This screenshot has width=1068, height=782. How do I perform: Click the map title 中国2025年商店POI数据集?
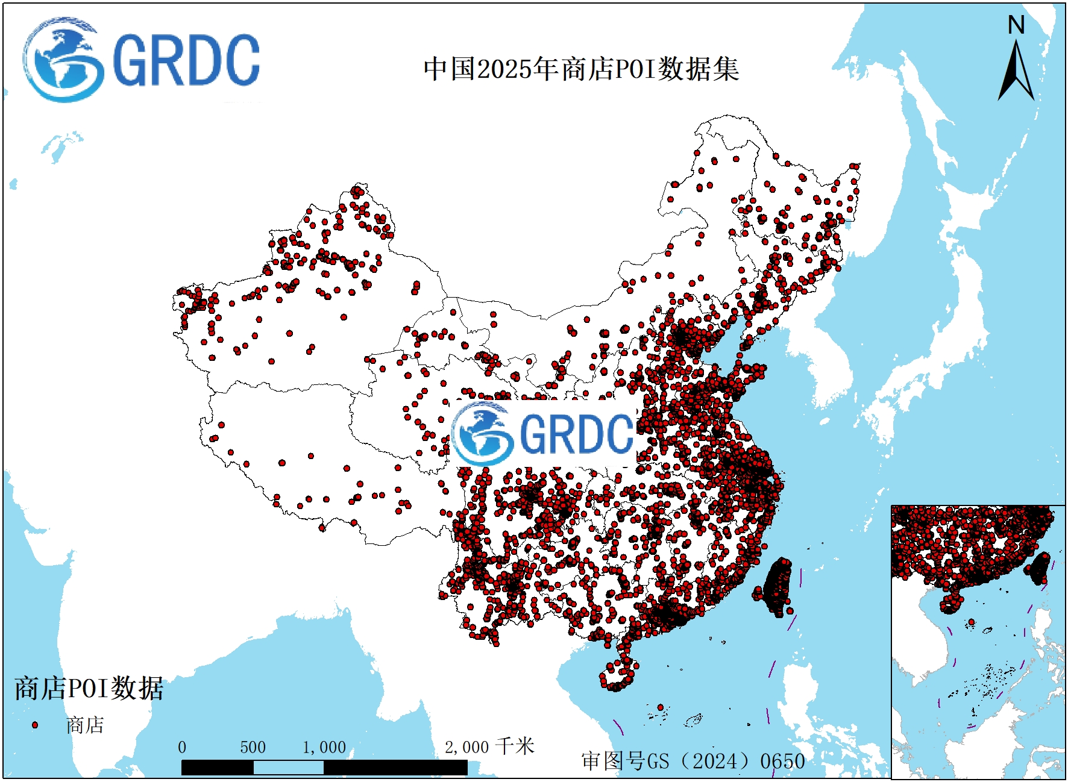tap(581, 69)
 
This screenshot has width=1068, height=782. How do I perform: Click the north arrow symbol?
tap(1016, 72)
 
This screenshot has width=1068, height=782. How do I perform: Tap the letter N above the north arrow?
tap(1016, 25)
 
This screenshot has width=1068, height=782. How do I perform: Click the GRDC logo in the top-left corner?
tap(142, 60)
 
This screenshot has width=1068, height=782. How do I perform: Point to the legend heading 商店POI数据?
tap(89, 688)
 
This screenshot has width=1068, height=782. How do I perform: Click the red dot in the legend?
tap(35, 725)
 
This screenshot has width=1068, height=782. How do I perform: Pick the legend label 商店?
tap(85, 725)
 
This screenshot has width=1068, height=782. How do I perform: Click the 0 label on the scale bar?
tap(182, 748)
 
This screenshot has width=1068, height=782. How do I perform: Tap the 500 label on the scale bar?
tap(253, 748)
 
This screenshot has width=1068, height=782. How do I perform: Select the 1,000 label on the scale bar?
tap(324, 748)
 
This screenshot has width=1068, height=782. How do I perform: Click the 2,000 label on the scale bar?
tap(466, 748)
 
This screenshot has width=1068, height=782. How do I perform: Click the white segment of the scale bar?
tap(288, 768)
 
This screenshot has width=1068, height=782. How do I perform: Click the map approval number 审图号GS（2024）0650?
tap(693, 761)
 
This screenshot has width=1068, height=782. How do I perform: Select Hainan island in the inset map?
tap(951, 603)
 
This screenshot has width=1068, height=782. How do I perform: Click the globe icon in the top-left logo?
tap(62, 60)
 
